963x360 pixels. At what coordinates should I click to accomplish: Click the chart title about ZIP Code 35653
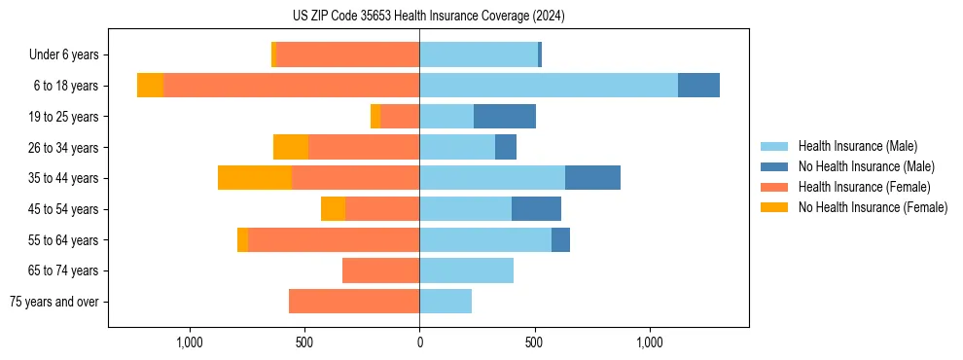tap(428, 17)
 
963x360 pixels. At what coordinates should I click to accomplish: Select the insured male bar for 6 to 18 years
tap(549, 86)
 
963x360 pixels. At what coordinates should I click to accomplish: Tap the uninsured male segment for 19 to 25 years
tap(505, 117)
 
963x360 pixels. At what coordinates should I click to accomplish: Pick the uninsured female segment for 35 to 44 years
tap(255, 178)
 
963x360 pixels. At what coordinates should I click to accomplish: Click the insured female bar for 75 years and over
tap(354, 302)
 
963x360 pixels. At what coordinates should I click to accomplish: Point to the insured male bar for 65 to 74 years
tap(466, 270)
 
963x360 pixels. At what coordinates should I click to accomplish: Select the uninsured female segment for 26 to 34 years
tap(291, 147)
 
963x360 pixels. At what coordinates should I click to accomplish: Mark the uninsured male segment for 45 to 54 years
tap(536, 209)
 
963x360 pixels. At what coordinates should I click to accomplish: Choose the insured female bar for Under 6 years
tap(348, 54)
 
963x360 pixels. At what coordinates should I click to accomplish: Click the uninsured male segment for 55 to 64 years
tap(560, 240)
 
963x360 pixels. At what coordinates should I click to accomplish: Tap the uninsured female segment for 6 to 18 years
tap(150, 86)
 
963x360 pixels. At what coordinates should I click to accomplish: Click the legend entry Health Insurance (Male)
tap(857, 146)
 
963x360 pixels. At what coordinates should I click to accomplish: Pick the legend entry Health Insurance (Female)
tap(864, 187)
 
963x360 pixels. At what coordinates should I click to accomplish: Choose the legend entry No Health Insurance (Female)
tap(873, 207)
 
